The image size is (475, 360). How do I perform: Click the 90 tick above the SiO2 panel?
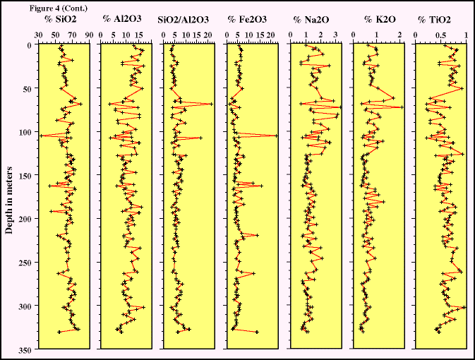(x=88, y=32)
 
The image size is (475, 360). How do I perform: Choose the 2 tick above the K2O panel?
(x=400, y=32)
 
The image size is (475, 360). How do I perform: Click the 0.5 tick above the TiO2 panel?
(x=441, y=32)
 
